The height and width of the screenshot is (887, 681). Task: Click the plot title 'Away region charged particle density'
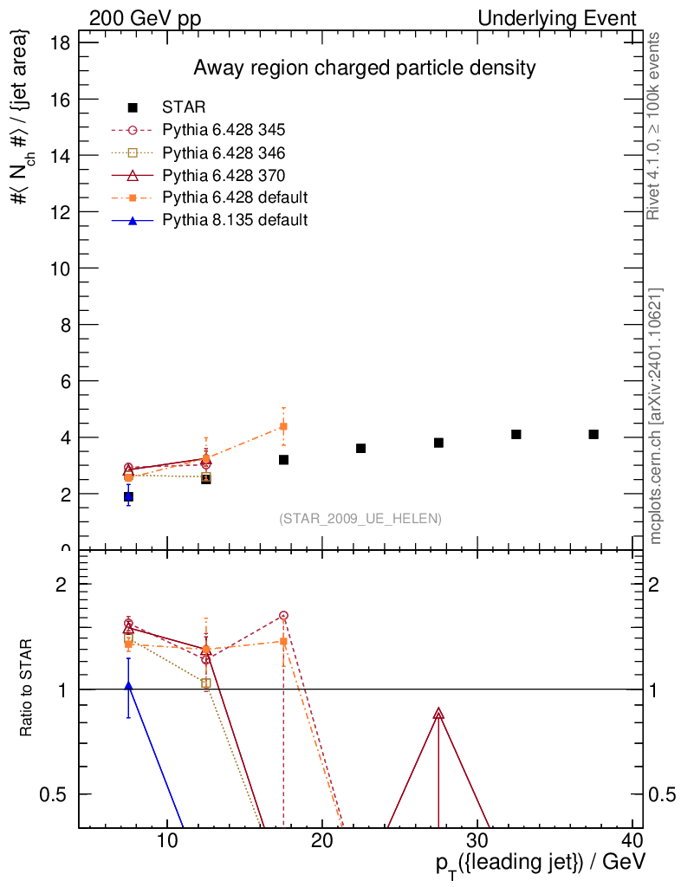point(365,68)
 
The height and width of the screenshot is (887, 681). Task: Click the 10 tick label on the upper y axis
point(61,269)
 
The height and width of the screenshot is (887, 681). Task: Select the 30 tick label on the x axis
point(478,840)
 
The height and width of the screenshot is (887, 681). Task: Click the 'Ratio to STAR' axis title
point(25,687)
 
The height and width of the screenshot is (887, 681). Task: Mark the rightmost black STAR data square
point(593,435)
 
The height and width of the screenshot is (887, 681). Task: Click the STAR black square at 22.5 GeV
point(361,449)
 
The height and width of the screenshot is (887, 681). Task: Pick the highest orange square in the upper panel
point(283,426)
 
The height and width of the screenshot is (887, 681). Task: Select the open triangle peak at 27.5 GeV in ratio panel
point(439,714)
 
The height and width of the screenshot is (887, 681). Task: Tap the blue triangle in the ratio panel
point(128,686)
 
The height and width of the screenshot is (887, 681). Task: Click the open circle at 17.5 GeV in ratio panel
point(283,616)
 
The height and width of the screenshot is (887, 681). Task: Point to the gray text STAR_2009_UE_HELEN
point(360,519)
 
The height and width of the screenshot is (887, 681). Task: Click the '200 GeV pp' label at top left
point(146,19)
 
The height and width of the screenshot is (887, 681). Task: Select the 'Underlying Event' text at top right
point(558,19)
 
